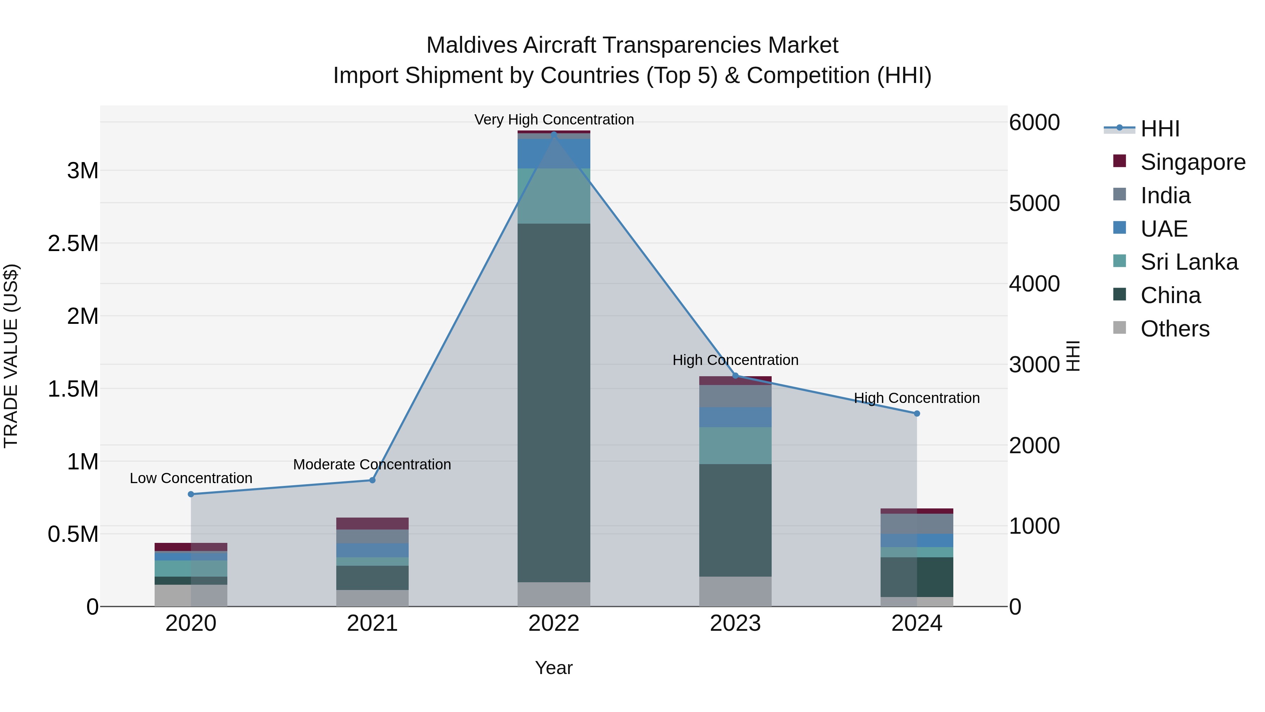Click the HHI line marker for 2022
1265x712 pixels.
tap(554, 134)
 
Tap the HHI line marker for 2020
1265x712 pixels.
tap(191, 494)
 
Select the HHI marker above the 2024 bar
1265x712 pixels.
tap(917, 414)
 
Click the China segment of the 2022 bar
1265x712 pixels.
tap(554, 403)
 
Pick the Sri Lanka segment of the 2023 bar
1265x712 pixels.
tap(735, 446)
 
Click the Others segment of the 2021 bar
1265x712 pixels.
tap(372, 598)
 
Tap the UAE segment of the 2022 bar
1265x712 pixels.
tap(554, 154)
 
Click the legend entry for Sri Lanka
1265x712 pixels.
tap(1189, 262)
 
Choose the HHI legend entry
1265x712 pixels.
tap(1160, 129)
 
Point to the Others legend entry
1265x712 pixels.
tap(1175, 329)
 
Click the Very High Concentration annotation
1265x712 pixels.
tap(554, 120)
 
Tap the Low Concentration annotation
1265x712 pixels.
tap(191, 478)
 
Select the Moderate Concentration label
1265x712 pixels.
tap(372, 464)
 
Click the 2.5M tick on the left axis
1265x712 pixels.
tap(73, 244)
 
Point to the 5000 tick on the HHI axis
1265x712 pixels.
tap(1034, 204)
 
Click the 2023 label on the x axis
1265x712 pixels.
tap(735, 623)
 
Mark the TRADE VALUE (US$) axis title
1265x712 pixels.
tap(11, 356)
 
